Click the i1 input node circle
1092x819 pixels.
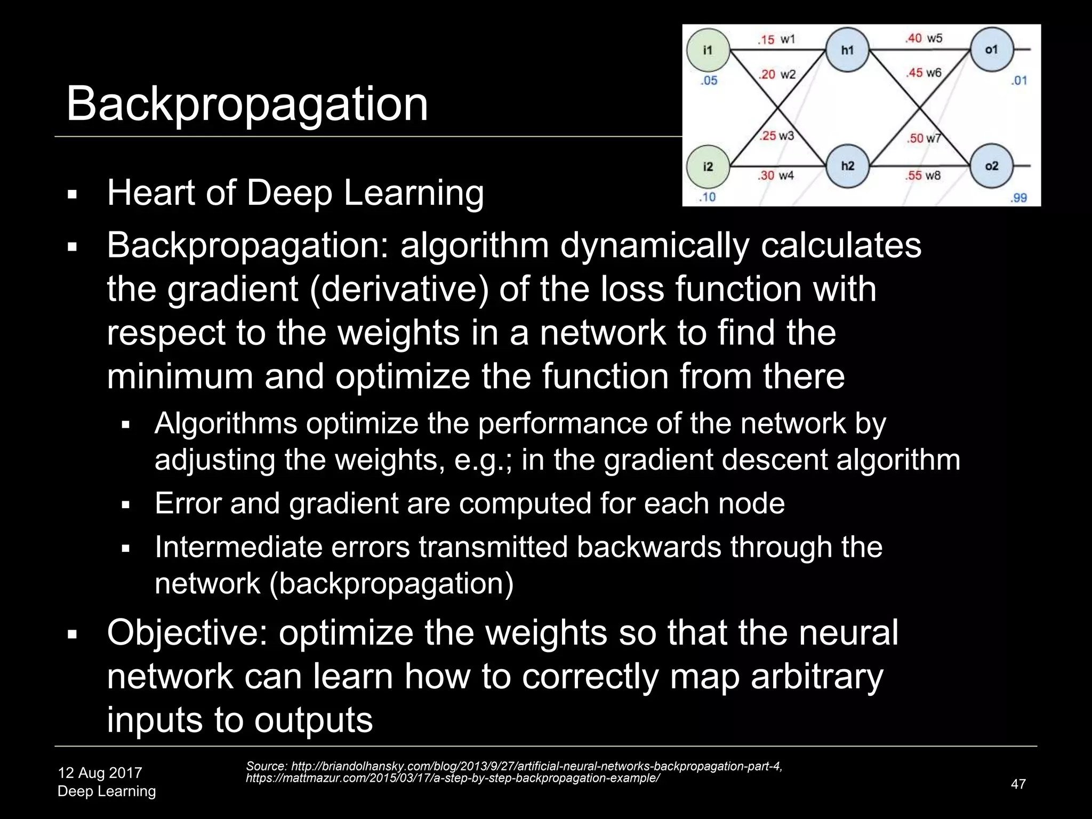coord(708,50)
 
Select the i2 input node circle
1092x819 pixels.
coord(708,167)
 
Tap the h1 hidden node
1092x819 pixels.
coord(847,50)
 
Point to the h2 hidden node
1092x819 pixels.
coord(847,166)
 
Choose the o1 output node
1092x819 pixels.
coord(991,50)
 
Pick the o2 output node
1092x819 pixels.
coord(991,166)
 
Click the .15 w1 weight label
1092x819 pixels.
coord(776,39)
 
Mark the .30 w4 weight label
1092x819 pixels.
coord(776,175)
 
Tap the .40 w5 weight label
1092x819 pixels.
coord(924,38)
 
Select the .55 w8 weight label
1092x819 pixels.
coord(923,175)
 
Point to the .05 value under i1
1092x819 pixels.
coord(709,81)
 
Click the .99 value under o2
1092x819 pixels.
coord(1018,198)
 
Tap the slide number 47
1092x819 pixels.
coord(1018,784)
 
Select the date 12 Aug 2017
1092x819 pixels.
coord(100,773)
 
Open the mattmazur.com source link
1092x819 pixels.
coord(453,778)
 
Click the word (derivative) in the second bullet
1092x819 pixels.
coord(398,290)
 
